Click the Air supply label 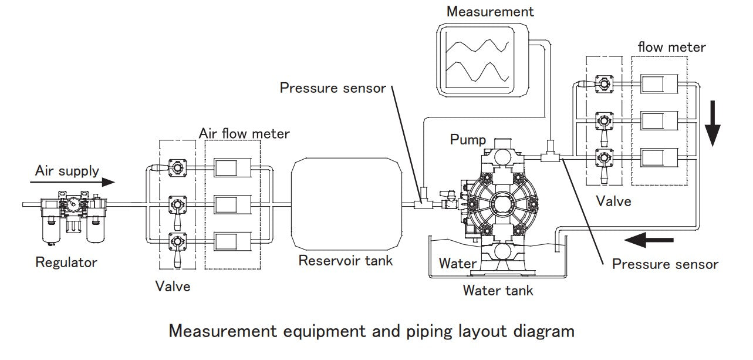tap(67, 171)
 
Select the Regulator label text tap(66, 262)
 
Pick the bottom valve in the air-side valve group tap(176, 241)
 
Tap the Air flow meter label tap(244, 134)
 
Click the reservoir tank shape tap(346, 204)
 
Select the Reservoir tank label tap(346, 260)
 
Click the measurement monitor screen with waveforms tap(478, 60)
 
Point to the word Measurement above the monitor tap(490, 12)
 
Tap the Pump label tap(468, 140)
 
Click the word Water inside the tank tap(458, 264)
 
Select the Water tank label tap(498, 290)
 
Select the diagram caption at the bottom tap(372, 332)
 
